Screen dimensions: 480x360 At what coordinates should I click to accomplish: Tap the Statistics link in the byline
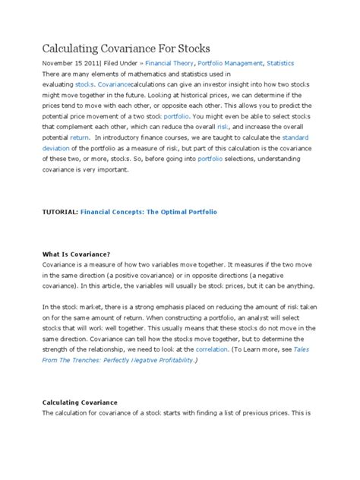tap(279, 64)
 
